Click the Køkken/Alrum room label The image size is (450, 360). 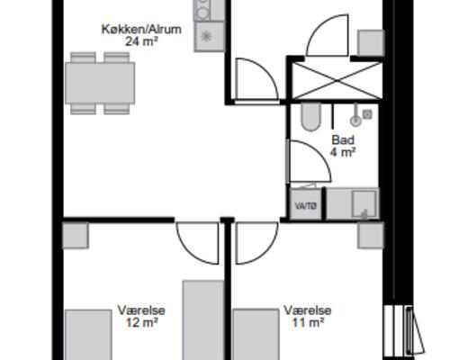click(141, 29)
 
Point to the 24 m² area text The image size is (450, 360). click(141, 41)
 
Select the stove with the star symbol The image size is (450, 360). click(206, 37)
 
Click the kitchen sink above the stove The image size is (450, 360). click(204, 11)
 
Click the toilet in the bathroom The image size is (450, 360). click(310, 117)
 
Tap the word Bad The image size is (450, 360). click(343, 140)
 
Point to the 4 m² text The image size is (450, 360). click(343, 152)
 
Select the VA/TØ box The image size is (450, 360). click(306, 206)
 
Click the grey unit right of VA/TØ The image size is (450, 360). click(352, 203)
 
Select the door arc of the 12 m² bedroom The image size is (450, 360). click(198, 241)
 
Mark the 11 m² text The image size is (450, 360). click(307, 323)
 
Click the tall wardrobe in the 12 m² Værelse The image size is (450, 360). click(202, 319)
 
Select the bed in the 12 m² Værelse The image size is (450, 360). click(86, 335)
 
